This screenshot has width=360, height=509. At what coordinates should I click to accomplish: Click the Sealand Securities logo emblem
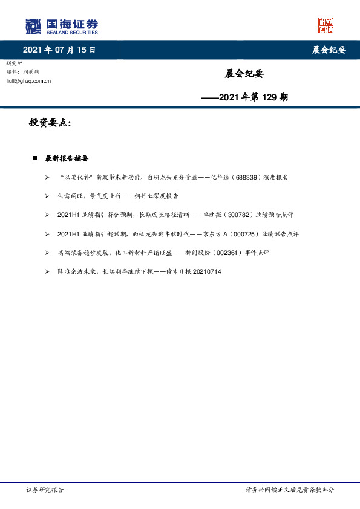(x=33, y=26)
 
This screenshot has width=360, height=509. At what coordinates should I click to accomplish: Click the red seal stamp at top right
(x=326, y=25)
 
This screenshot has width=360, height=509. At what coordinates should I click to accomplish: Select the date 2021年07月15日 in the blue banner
(x=59, y=50)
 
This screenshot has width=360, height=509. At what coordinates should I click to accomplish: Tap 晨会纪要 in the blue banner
(x=329, y=50)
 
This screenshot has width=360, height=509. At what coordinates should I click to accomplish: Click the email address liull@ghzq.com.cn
(x=28, y=80)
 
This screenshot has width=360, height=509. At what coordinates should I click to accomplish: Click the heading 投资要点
(x=50, y=123)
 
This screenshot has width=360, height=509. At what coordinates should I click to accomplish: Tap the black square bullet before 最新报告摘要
(x=35, y=158)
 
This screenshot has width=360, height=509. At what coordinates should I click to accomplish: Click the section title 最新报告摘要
(x=67, y=158)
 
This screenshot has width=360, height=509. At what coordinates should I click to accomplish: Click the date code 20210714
(x=206, y=272)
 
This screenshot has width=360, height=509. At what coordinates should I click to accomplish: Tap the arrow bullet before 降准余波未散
(x=47, y=272)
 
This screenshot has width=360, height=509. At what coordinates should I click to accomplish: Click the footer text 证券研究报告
(x=45, y=490)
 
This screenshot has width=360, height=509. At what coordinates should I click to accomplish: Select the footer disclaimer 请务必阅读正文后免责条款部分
(x=289, y=490)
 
